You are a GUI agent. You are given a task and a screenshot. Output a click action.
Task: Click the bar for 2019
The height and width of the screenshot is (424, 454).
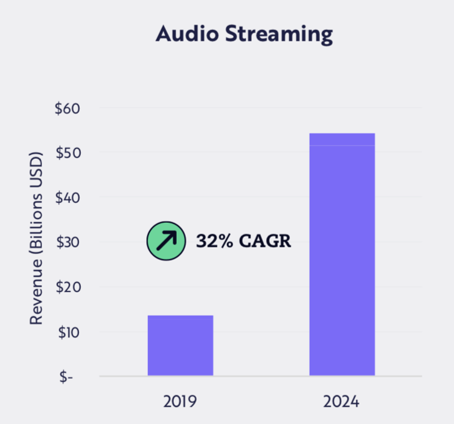[181, 345]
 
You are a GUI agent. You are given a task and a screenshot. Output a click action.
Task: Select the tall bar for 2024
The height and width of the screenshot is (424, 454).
[342, 254]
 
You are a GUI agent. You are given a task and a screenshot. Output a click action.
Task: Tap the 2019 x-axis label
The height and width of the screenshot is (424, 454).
[181, 401]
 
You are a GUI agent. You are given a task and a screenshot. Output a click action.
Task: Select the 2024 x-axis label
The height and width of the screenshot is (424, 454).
[342, 401]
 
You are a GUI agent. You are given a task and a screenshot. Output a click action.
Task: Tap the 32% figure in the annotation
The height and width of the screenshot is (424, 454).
[212, 242]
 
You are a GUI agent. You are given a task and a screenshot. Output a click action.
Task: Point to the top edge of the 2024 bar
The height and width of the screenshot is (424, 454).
[342, 133]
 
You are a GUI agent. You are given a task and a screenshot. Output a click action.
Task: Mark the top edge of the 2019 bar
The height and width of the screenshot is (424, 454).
[181, 316]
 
